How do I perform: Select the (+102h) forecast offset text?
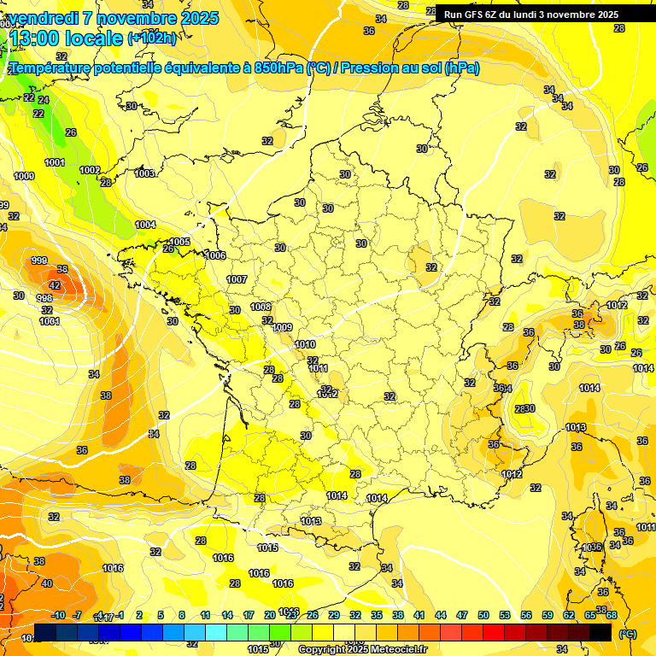click(x=152, y=38)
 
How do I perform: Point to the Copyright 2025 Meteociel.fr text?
click(x=362, y=649)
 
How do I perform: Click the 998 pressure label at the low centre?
click(x=44, y=298)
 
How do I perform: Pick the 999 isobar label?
click(x=39, y=261)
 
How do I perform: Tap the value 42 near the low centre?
click(x=55, y=285)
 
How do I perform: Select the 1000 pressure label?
click(x=24, y=176)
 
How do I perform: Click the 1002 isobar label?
click(x=90, y=170)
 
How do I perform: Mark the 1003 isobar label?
click(x=145, y=173)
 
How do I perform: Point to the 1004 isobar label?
click(x=145, y=225)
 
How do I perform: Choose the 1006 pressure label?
click(x=215, y=255)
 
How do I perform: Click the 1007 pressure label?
click(x=237, y=279)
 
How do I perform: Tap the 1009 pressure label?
click(x=283, y=327)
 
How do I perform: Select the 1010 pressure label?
click(x=305, y=344)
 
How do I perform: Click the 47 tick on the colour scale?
click(x=462, y=615)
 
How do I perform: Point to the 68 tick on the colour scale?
click(x=611, y=615)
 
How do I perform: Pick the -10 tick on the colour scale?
click(x=59, y=615)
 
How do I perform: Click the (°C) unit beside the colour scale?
click(x=628, y=634)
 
